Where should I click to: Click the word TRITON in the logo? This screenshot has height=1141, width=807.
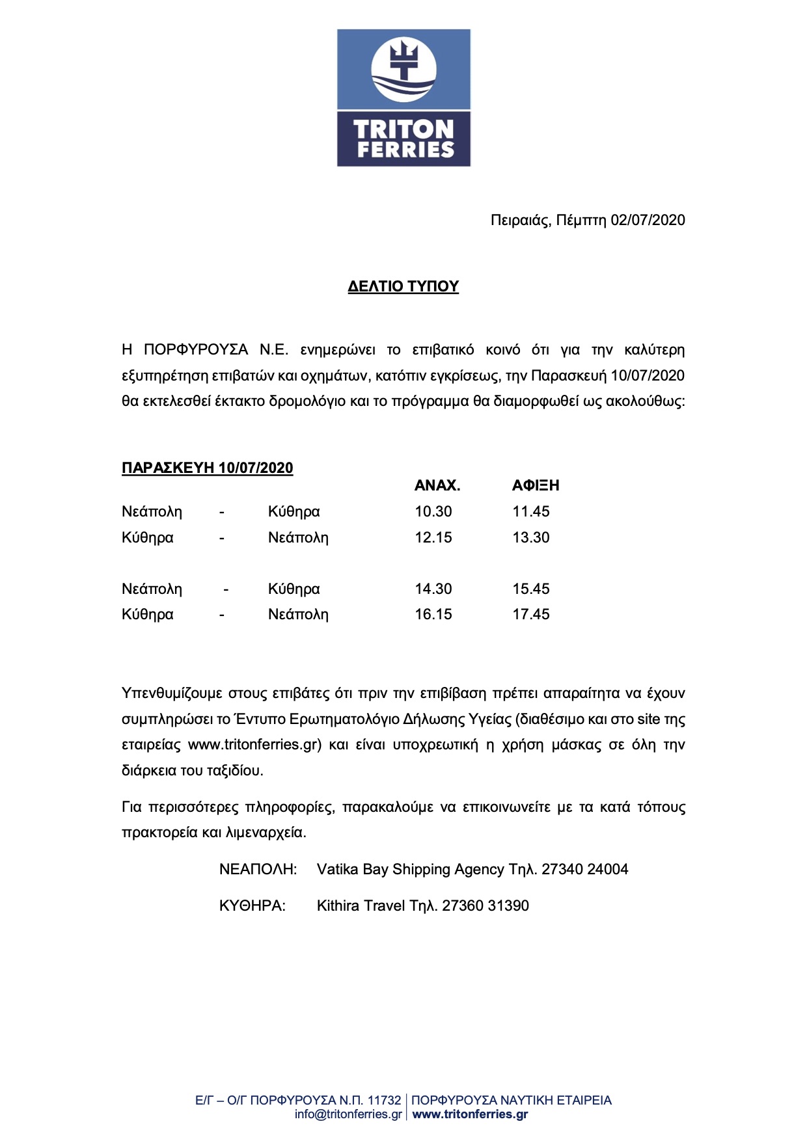point(403,129)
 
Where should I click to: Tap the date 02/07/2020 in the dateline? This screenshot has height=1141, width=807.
point(648,220)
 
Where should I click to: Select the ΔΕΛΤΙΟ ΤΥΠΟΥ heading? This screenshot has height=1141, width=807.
point(403,286)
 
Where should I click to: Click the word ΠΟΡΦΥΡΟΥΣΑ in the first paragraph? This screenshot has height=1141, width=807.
point(196,350)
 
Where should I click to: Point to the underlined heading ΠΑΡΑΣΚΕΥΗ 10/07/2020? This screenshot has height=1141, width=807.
point(207,468)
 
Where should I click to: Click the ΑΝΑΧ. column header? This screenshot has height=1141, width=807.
point(437,485)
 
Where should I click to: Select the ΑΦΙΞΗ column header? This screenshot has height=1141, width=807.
point(536,485)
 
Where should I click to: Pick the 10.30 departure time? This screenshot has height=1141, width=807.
point(433,511)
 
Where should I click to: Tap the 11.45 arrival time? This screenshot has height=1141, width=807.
point(531,511)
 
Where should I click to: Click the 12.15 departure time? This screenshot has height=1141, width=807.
point(433,537)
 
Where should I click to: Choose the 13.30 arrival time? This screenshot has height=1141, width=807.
point(531,537)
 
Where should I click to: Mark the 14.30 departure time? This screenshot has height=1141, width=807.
point(433,589)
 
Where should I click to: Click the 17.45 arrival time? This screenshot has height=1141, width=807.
point(531,614)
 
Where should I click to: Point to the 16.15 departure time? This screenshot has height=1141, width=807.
point(433,614)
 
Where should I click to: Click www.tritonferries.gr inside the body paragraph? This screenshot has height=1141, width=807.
point(254,745)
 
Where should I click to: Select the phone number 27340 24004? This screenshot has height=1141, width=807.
point(585,869)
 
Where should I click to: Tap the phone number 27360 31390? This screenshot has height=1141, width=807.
point(486,906)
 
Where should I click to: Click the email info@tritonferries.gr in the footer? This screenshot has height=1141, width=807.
point(348,1114)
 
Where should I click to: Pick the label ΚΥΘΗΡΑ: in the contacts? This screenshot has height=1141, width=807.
point(253,906)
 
